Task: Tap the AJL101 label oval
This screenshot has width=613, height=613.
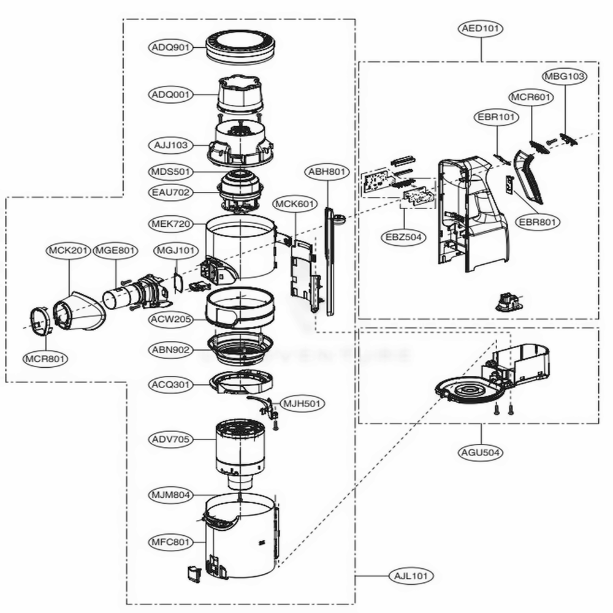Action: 411,576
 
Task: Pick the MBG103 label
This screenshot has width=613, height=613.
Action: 564,77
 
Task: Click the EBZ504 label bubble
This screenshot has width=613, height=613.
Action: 403,237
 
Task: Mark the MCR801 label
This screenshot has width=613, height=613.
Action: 46,359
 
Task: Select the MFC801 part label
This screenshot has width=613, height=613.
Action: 171,542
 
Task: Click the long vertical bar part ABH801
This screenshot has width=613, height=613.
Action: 332,264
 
